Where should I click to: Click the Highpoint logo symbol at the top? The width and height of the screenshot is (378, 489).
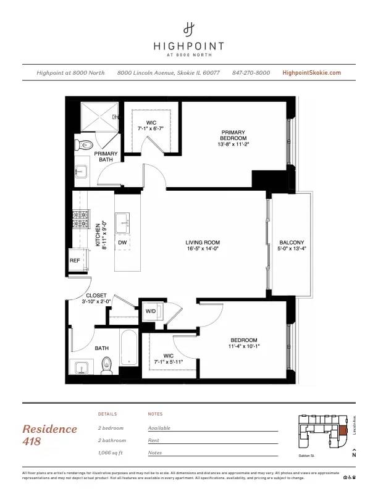pyautogui.click(x=189, y=28)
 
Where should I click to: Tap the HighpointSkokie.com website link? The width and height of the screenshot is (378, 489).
pyautogui.click(x=311, y=73)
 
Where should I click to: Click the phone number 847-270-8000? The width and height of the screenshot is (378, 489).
pyautogui.click(x=251, y=73)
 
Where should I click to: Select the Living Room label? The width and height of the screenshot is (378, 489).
pyautogui.click(x=203, y=245)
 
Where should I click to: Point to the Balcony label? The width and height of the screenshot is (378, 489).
pyautogui.click(x=292, y=245)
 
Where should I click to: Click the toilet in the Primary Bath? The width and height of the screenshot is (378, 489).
pyautogui.click(x=83, y=145)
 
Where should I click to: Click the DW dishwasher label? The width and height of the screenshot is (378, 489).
pyautogui.click(x=122, y=243)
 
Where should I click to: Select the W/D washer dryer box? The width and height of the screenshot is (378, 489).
pyautogui.click(x=151, y=311)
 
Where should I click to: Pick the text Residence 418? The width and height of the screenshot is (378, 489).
pyautogui.click(x=50, y=435)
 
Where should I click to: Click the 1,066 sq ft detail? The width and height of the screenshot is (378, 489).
pyautogui.click(x=111, y=453)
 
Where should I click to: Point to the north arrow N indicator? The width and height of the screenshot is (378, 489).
pyautogui.click(x=354, y=456)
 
